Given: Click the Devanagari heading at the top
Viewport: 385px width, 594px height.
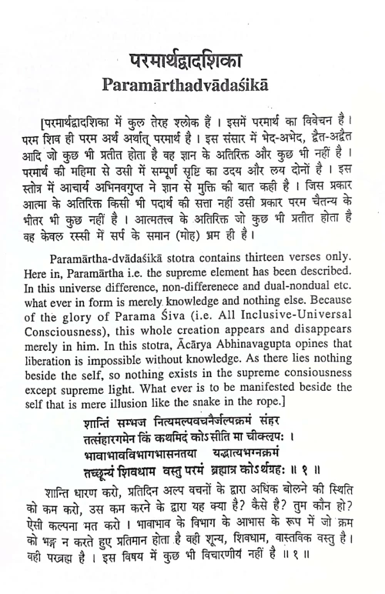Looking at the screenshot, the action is [x=193, y=58].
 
